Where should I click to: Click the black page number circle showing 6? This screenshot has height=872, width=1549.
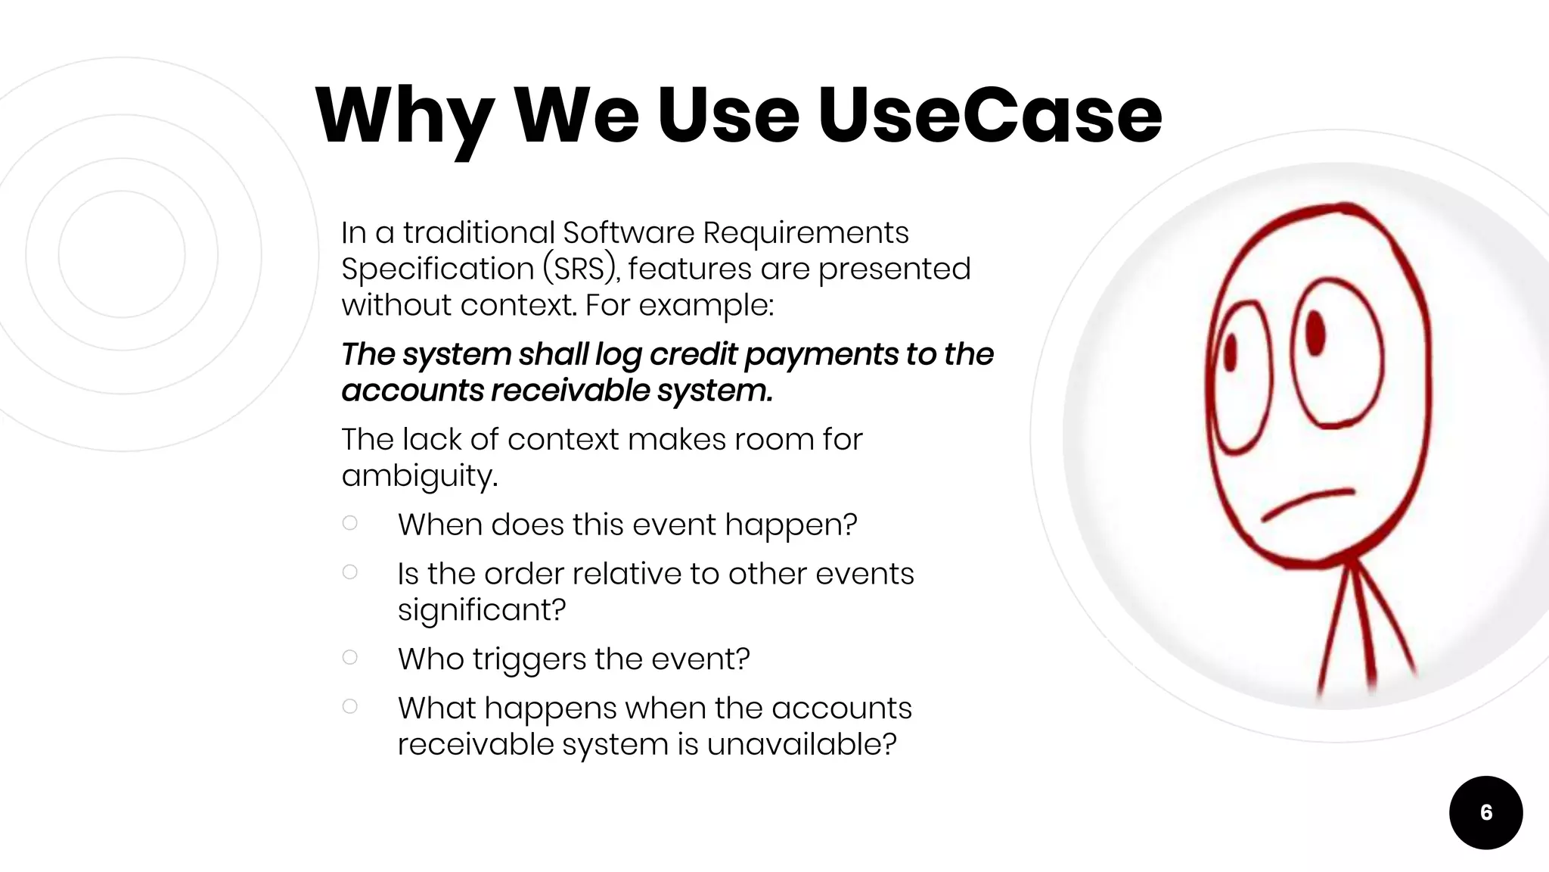[x=1485, y=812]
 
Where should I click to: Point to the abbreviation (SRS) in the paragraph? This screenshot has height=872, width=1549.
[x=580, y=269]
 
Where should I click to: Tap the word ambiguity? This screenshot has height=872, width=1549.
[x=419, y=476]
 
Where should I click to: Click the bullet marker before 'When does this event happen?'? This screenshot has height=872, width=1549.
[x=349, y=523]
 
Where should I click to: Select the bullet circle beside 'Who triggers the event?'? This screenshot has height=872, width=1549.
[x=349, y=657]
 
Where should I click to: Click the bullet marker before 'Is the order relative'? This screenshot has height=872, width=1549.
[x=349, y=572]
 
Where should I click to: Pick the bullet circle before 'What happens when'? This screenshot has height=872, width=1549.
[x=349, y=706]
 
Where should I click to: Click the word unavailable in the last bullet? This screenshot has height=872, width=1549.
[x=801, y=744]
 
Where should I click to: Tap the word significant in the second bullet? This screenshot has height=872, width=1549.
[x=481, y=609]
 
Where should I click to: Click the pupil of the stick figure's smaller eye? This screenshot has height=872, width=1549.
[x=1230, y=353]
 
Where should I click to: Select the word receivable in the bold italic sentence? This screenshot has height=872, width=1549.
[x=570, y=391]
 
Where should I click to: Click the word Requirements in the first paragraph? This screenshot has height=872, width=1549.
[x=806, y=232]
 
